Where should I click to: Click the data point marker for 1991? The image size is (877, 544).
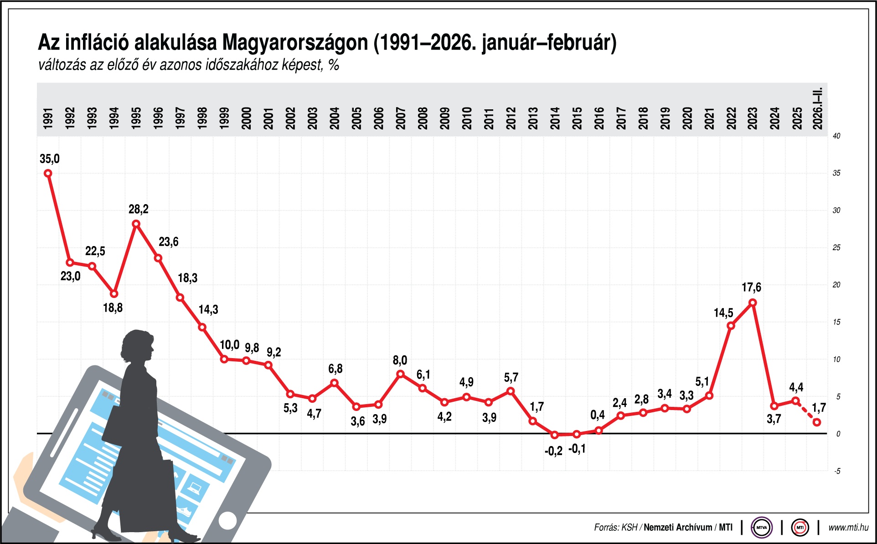click(48, 173)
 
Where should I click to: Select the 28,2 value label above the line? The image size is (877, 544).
click(138, 209)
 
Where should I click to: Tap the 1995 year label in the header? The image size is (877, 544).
click(136, 118)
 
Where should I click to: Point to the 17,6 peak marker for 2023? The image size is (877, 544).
click(753, 303)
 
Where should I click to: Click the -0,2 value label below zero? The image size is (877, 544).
click(553, 451)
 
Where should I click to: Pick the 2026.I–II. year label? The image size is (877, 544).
click(818, 108)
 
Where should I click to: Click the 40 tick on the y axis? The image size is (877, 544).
click(836, 136)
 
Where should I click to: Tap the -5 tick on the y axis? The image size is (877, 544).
click(837, 471)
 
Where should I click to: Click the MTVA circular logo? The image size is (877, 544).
click(761, 528)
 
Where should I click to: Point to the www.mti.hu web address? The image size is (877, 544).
click(848, 528)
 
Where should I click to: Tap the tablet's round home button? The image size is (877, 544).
click(227, 520)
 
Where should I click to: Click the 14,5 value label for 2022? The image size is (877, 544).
click(723, 313)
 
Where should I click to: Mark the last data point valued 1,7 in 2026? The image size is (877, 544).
click(817, 422)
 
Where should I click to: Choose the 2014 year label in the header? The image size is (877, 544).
click(555, 118)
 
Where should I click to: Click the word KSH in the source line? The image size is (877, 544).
click(629, 528)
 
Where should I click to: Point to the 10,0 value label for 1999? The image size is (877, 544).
click(229, 345)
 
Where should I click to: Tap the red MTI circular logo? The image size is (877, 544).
click(800, 528)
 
